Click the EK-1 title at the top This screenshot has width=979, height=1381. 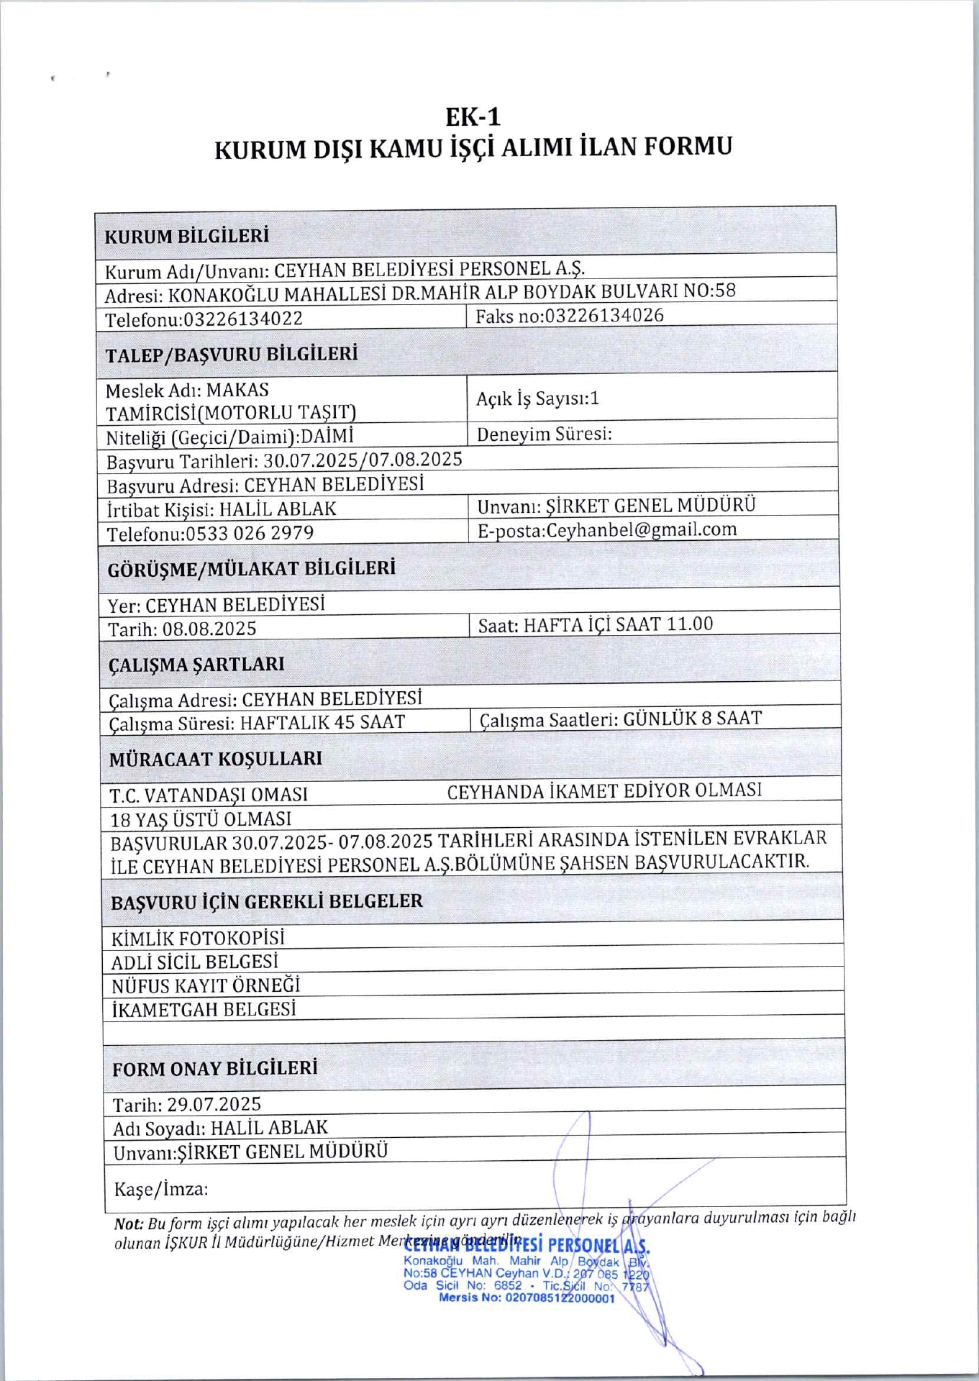pos(473,117)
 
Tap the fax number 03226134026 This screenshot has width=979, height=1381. pos(604,316)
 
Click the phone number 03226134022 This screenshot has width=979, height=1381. pos(243,319)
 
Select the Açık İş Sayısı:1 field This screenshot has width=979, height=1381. pos(537,398)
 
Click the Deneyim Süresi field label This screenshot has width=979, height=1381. pos(545,434)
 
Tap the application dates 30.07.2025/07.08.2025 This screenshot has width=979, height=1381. pos(363,460)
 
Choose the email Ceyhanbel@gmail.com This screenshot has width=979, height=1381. pos(642,530)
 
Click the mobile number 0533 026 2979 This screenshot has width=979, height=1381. pos(250,534)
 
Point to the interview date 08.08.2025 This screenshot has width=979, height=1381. pos(209,629)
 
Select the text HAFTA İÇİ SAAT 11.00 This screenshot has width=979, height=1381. pos(618,624)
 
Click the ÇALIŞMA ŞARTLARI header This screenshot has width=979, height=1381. pos(196,665)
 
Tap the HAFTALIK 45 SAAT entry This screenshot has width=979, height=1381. pos(322,722)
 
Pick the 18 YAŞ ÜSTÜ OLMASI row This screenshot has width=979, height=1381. pos(201,819)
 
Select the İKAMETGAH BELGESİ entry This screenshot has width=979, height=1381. pos(204,1010)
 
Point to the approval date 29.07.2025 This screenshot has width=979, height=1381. pos(214,1105)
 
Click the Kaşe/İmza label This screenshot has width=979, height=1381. pos(160,1189)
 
